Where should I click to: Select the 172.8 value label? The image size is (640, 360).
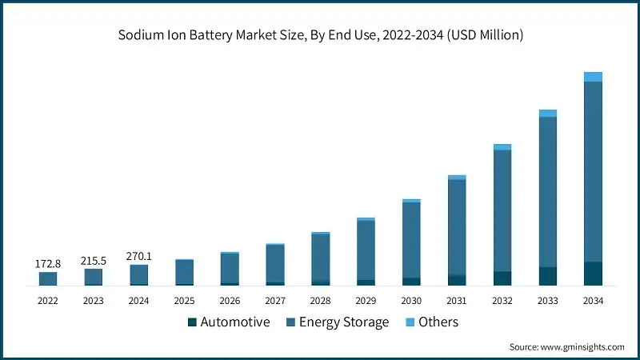coord(47,263)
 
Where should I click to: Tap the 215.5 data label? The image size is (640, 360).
coord(93,261)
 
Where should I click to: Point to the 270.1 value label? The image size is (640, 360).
coord(138,256)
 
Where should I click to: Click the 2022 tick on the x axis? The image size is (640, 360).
coord(47,301)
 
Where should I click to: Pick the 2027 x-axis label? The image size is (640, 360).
coord(275,301)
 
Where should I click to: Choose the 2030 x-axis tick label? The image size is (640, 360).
coord(411,301)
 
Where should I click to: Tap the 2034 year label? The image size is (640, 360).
coord(593,301)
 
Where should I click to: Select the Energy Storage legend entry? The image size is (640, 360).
coord(343,322)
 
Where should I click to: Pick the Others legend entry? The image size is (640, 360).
coord(436,322)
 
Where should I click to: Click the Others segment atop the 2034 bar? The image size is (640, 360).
coord(593,77)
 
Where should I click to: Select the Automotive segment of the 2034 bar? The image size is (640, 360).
coord(593,273)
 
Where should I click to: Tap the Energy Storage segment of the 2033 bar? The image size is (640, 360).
coord(547,192)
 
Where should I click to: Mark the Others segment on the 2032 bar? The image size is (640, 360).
coord(502,147)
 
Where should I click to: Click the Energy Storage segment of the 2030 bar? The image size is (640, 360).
coord(411,240)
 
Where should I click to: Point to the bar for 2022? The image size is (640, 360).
coord(47,278)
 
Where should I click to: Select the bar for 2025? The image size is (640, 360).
coord(184,272)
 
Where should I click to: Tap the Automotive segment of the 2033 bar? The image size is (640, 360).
coord(547,276)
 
